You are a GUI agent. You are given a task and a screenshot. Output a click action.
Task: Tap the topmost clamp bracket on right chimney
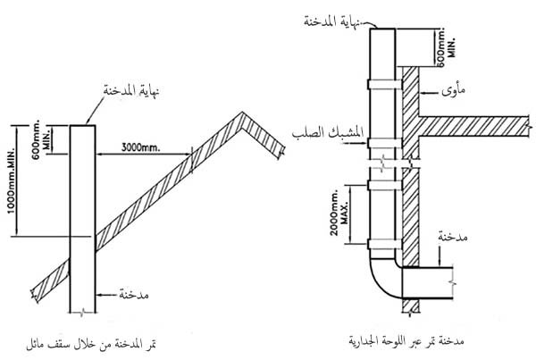point(383,86)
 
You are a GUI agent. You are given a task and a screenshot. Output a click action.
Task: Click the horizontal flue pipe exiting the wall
point(429,284)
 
